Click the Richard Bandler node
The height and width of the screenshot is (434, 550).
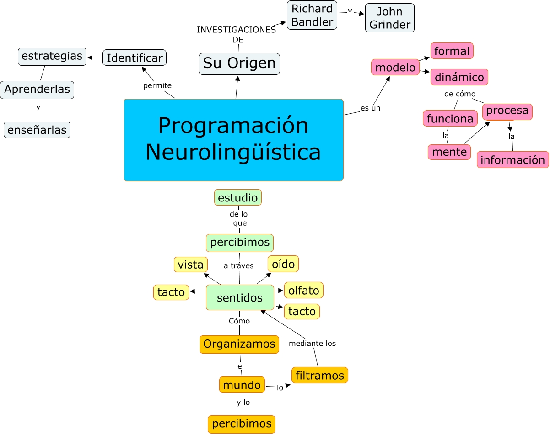point(312,15)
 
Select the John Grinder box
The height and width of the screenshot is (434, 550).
point(389,18)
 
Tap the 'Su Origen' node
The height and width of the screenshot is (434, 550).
point(239,64)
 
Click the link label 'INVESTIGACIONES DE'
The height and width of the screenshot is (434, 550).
point(237,35)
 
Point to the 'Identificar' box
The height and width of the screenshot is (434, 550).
point(135,58)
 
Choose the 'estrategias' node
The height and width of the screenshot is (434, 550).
point(52,56)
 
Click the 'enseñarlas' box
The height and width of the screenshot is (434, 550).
point(37,130)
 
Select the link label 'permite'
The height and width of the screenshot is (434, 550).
point(157,85)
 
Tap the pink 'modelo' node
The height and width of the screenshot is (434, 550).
point(395,68)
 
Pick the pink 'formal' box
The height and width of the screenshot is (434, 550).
point(452,51)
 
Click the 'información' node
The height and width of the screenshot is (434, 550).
point(512,160)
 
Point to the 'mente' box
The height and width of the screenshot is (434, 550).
point(449,152)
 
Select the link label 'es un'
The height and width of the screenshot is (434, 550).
point(370,108)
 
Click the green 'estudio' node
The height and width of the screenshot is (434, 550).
point(238,198)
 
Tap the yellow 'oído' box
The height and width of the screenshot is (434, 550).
point(283,264)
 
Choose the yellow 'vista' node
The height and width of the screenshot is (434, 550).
point(191,265)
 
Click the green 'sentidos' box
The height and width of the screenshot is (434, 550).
point(240,298)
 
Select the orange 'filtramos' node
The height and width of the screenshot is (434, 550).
point(319,376)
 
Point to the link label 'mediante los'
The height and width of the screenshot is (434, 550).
point(312,344)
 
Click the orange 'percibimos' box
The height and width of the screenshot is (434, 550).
point(242,424)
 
